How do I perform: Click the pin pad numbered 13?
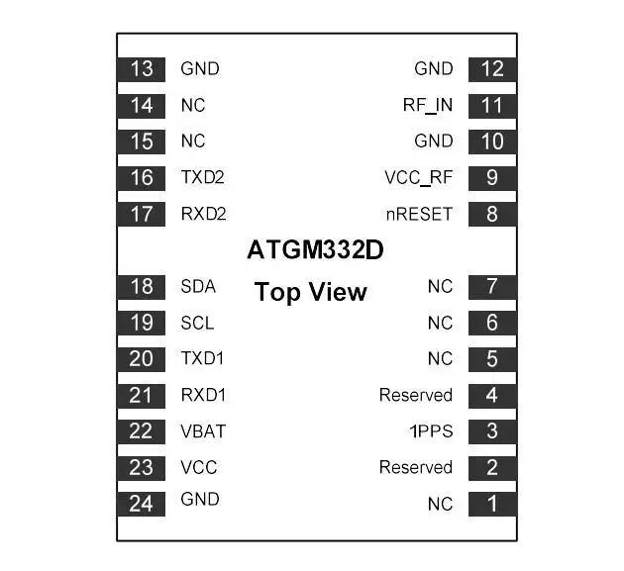142,69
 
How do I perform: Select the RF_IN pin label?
428,105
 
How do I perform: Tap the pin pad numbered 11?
492,106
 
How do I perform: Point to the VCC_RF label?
419,178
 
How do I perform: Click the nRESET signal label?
419,215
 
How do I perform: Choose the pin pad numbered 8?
492,215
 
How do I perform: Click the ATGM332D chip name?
315,250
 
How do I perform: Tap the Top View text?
310,292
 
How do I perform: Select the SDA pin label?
198,287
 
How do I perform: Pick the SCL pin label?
197,323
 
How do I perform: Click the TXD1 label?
202,358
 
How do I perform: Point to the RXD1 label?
203,395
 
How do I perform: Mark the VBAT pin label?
203,431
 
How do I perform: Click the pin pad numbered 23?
142,468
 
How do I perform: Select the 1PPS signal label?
432,431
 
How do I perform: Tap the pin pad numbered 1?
492,504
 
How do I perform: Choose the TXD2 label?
203,177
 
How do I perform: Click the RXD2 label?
203,214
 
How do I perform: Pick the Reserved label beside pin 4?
416,395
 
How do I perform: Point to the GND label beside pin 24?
200,500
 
